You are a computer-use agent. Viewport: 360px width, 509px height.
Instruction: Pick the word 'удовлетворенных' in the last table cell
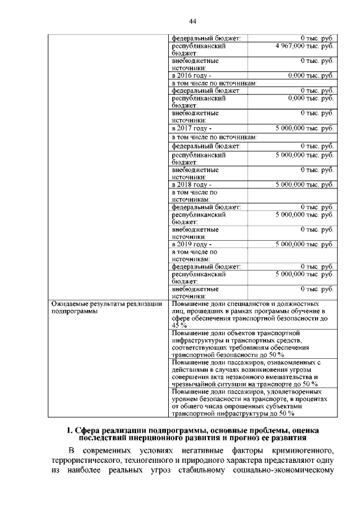(x=290, y=391)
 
